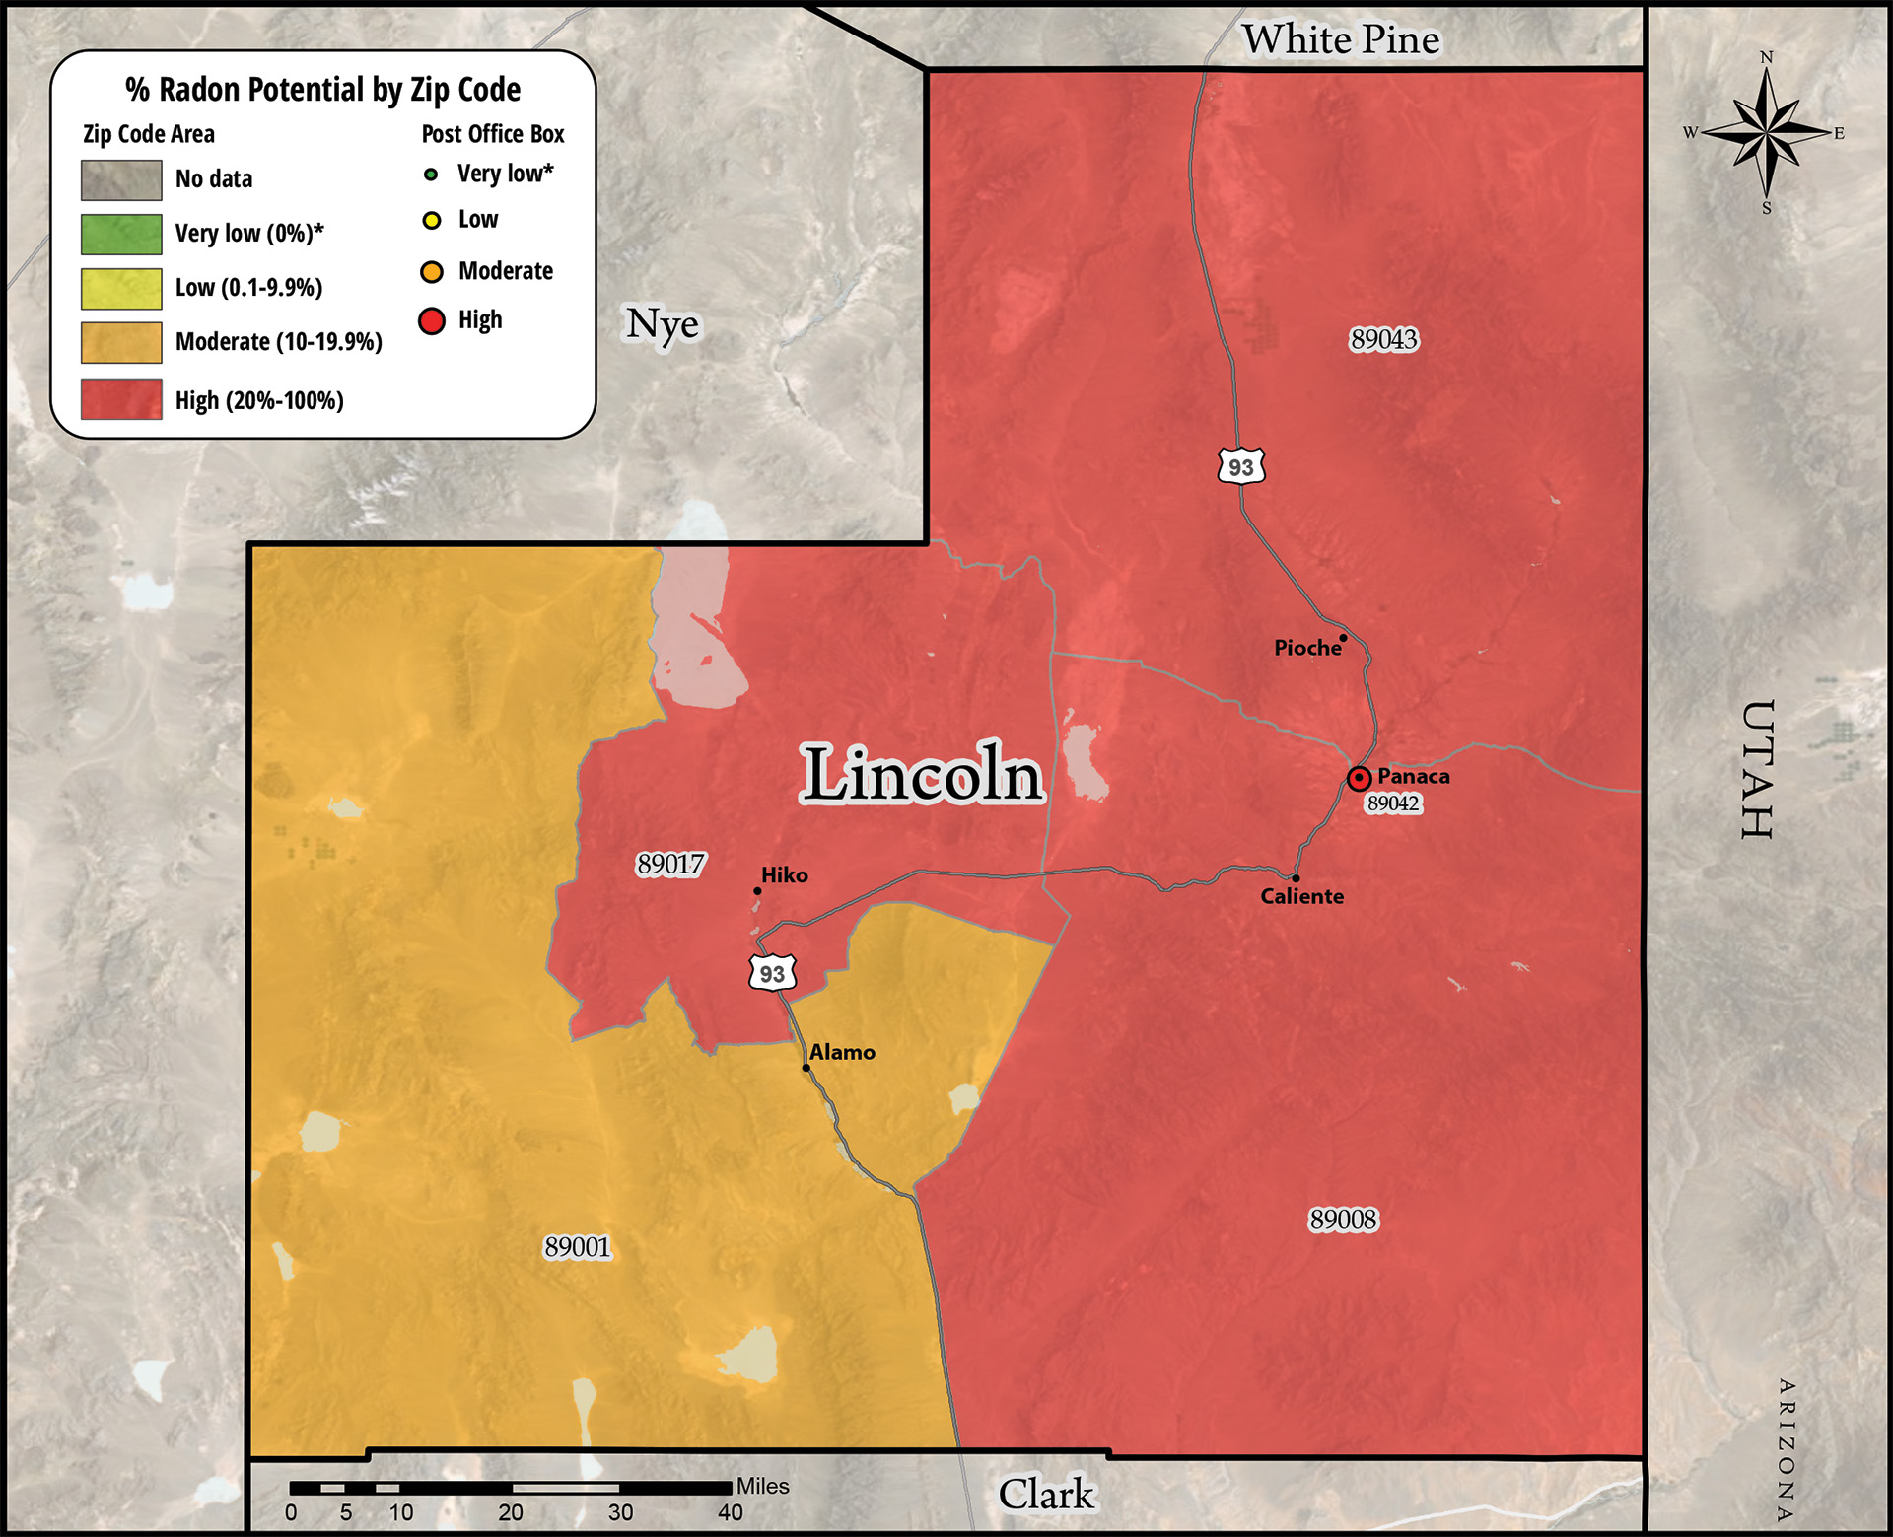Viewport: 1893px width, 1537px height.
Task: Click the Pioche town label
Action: [x=1307, y=648]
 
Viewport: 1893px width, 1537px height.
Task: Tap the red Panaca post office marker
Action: [x=1359, y=778]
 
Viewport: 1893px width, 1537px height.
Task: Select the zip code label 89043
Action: [x=1383, y=339]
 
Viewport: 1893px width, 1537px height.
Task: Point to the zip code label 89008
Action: [x=1343, y=1220]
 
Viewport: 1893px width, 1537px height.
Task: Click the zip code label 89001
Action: [x=578, y=1247]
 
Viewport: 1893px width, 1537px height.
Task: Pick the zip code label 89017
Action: [x=670, y=864]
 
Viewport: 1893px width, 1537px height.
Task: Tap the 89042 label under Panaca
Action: [x=1393, y=803]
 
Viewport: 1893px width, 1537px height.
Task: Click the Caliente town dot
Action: [x=1296, y=877]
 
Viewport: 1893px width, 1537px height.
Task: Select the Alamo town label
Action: [x=842, y=1052]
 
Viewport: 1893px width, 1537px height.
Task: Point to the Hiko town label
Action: [x=784, y=874]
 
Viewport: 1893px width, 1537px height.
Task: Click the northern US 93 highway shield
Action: [x=1241, y=466]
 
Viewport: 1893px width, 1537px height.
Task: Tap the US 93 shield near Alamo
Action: [x=772, y=973]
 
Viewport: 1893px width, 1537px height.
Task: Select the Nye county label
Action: [x=663, y=323]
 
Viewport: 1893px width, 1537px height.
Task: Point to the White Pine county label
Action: [x=1341, y=39]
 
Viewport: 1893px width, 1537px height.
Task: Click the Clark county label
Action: [x=1046, y=1494]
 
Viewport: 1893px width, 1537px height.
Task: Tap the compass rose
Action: [x=1766, y=133]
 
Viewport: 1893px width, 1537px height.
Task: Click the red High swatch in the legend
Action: [x=121, y=399]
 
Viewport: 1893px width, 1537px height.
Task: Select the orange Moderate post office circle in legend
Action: [x=432, y=271]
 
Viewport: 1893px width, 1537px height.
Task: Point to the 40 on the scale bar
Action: [x=731, y=1512]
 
